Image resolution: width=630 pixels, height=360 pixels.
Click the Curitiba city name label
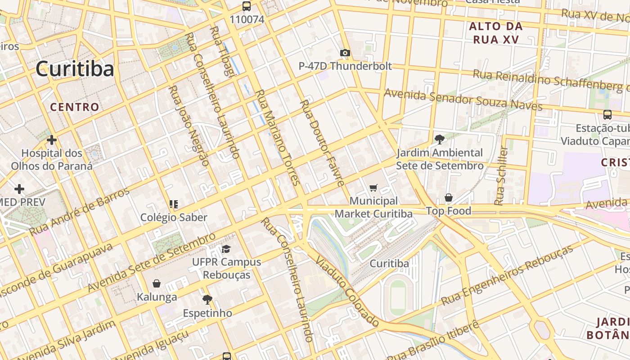pyautogui.click(x=75, y=69)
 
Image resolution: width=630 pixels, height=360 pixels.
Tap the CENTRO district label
pyautogui.click(x=74, y=107)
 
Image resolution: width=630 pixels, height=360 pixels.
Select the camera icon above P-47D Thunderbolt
pyautogui.click(x=345, y=53)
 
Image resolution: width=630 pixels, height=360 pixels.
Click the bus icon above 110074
pyautogui.click(x=246, y=6)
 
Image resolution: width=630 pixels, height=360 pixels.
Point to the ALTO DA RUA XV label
pyautogui.click(x=496, y=33)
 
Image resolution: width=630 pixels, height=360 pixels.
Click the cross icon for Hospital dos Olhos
pyautogui.click(x=52, y=140)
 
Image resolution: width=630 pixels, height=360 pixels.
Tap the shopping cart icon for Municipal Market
pyautogui.click(x=373, y=188)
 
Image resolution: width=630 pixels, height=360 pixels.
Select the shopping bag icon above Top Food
pyautogui.click(x=449, y=198)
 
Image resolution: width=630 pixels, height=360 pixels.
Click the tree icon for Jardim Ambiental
pyautogui.click(x=439, y=139)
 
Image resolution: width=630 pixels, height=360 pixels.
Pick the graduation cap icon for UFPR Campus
pyautogui.click(x=226, y=249)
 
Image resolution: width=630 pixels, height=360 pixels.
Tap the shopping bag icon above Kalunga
pyautogui.click(x=157, y=283)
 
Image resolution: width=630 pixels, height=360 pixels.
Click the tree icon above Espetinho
pyautogui.click(x=207, y=299)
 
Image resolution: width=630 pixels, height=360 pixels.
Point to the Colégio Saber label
pyautogui.click(x=174, y=217)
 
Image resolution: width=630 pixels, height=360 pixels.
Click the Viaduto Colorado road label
pyautogui.click(x=347, y=291)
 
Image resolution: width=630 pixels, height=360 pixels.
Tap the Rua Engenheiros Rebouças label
pyautogui.click(x=507, y=275)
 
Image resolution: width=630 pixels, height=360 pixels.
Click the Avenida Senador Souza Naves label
pyautogui.click(x=463, y=100)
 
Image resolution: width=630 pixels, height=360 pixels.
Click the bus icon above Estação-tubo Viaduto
pyautogui.click(x=607, y=115)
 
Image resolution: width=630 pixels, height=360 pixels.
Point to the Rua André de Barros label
pyautogui.click(x=80, y=211)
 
